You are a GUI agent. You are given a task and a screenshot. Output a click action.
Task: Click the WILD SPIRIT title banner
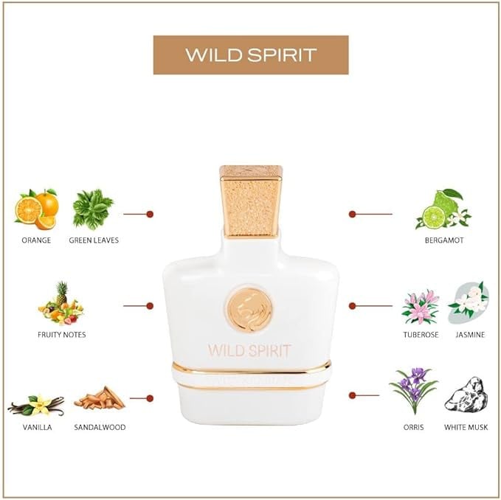point(250,55)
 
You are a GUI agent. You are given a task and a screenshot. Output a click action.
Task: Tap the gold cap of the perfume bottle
point(250,200)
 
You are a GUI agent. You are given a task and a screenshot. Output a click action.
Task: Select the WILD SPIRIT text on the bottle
point(249,350)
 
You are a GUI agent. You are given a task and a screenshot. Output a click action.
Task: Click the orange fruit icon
point(36,209)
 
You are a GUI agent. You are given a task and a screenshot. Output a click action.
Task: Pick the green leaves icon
point(93,209)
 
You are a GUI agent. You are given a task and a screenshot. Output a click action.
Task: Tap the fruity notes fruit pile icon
point(61,304)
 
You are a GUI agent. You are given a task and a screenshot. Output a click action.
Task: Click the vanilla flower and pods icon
point(35,404)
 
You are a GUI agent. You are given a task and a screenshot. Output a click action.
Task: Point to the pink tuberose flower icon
point(420,306)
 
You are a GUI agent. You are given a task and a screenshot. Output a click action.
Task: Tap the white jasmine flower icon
point(469,301)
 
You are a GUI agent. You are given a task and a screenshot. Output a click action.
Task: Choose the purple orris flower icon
point(413,391)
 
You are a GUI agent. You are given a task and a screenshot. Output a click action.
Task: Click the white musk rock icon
point(466,395)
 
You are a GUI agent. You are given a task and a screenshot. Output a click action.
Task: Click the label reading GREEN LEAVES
point(94,240)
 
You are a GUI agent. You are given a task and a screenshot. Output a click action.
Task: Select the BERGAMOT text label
point(443,240)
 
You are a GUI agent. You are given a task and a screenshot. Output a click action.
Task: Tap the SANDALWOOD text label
point(100,427)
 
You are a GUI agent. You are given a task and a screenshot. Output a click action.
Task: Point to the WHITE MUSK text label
point(466,427)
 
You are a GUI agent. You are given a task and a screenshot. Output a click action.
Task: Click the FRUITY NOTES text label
point(61,334)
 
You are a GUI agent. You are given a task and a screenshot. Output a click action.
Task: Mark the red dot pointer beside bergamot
point(352,214)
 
